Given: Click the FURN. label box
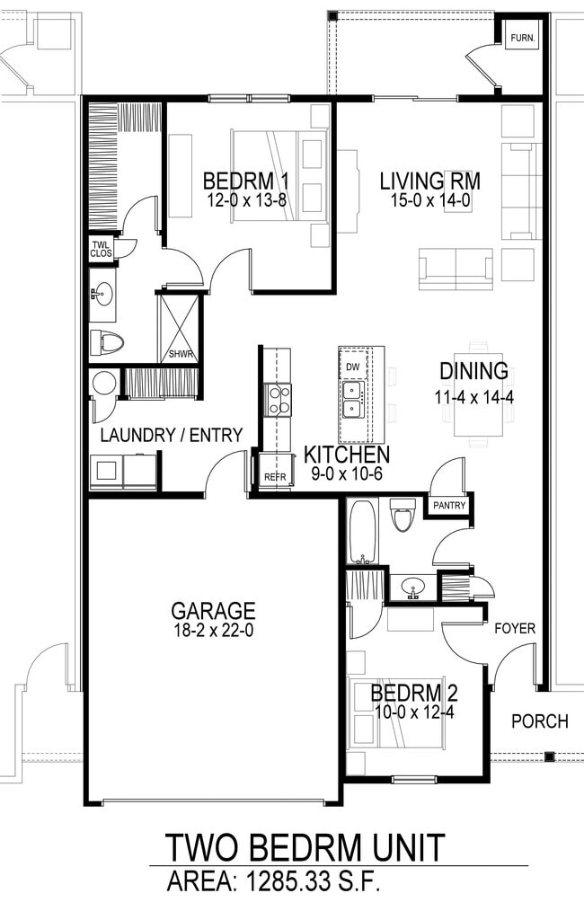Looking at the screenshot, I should [x=522, y=40].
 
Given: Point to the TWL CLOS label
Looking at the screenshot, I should [x=101, y=249].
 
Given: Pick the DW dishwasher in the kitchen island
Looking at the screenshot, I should [x=353, y=367].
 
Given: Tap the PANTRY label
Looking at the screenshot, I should [x=448, y=506].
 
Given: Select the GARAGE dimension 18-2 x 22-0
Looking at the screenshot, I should [x=213, y=632].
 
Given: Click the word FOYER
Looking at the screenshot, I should [x=515, y=629].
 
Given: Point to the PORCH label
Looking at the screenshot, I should [x=539, y=721].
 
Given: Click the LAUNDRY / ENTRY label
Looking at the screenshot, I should [x=171, y=436].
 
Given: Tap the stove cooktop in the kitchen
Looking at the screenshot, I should [x=279, y=400].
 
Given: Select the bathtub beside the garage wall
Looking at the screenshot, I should [x=363, y=532].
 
